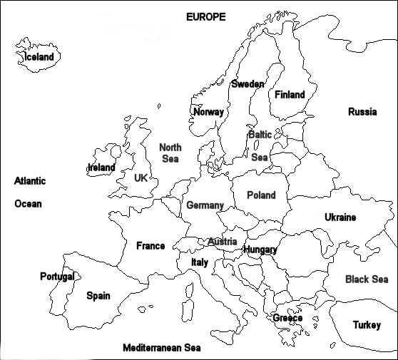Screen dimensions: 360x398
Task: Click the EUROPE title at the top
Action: [205, 16]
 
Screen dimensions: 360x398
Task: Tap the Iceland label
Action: [39, 57]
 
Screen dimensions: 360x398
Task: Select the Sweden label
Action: [248, 84]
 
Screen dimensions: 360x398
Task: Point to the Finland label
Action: [290, 94]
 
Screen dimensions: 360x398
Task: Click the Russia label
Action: [362, 112]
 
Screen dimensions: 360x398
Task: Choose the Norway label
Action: [208, 112]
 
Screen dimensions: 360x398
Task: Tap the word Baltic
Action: [260, 134]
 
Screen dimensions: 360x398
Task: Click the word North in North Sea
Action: [170, 148]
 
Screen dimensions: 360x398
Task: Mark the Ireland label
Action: [101, 168]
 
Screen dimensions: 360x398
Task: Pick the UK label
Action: [141, 178]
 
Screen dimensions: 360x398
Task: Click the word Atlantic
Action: [30, 181]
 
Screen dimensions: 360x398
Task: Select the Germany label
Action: [205, 205]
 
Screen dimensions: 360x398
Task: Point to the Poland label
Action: [261, 195]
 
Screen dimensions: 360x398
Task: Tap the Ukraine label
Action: [340, 217]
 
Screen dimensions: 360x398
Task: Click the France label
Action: [150, 246]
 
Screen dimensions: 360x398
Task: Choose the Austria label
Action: [222, 242]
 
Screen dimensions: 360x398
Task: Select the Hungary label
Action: [260, 250]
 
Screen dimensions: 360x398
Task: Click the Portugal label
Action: [57, 277]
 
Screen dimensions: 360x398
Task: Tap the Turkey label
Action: [367, 325]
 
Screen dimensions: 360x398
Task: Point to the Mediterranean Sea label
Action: [161, 349]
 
